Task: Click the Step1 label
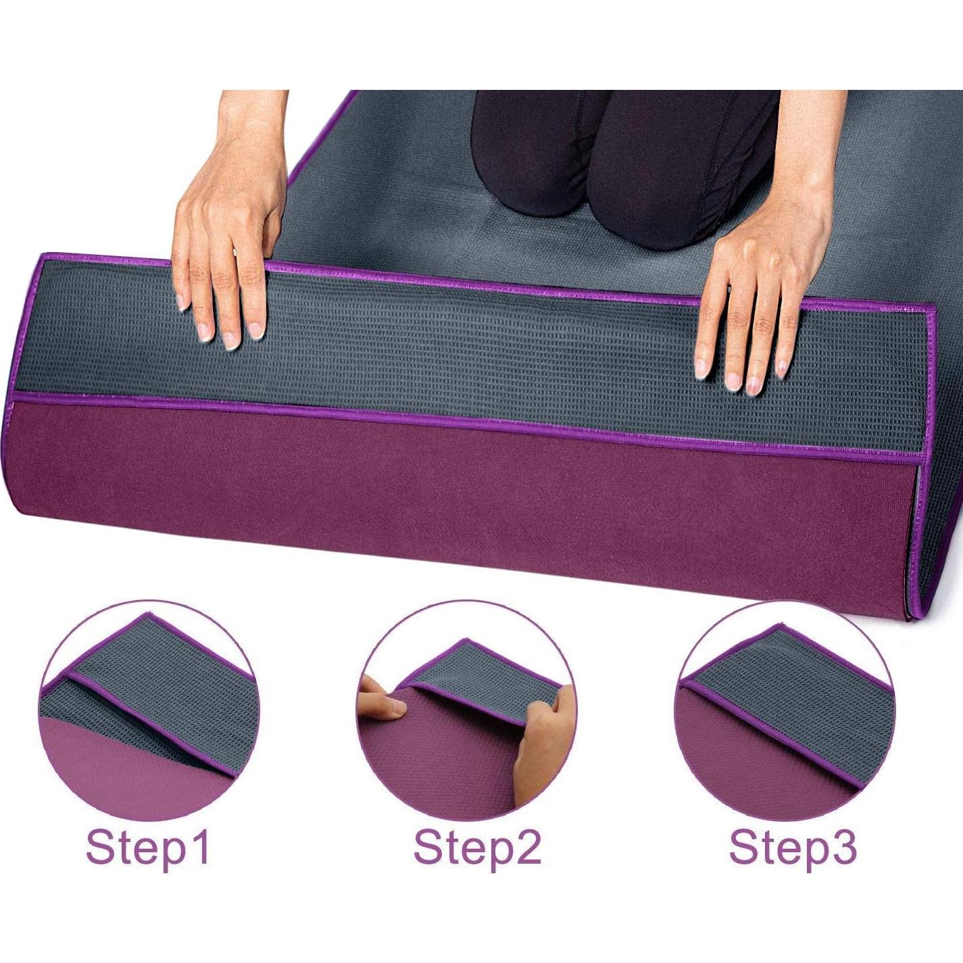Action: (148, 847)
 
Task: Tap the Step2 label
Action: (477, 847)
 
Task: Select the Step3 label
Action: (793, 847)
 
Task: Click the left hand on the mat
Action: (226, 230)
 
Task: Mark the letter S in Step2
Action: (428, 847)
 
